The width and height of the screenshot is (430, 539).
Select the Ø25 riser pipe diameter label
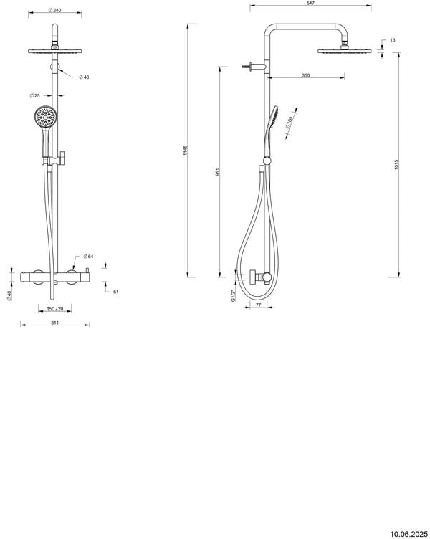[34, 95]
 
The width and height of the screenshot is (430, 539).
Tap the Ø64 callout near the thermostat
[89, 256]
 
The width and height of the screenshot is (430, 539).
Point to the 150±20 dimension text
[54, 309]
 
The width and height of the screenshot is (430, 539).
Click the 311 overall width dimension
[54, 323]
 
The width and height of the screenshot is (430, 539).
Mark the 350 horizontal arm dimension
[306, 75]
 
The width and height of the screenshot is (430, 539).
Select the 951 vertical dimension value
[218, 172]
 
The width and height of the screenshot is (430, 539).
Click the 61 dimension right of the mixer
[116, 291]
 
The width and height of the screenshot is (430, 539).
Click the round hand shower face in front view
[44, 115]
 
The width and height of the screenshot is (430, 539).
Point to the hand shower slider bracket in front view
[50, 159]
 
